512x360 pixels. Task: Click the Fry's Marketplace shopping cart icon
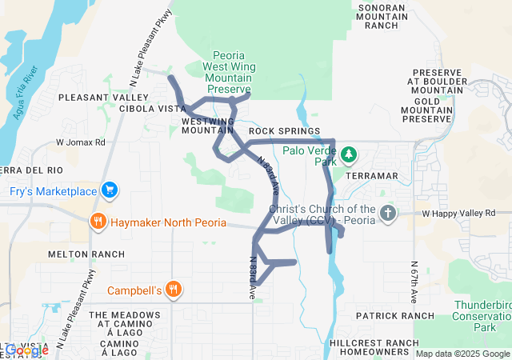[110, 190]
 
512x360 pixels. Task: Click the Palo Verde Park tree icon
[348, 154]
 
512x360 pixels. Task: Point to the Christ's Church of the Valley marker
[387, 213]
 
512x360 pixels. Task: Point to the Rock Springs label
[284, 130]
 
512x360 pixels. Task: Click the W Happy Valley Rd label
[459, 214]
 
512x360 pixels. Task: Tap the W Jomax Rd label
[80, 142]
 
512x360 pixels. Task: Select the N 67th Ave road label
[414, 282]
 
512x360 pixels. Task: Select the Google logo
[26, 350]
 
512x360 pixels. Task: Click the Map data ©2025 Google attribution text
[462, 354]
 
